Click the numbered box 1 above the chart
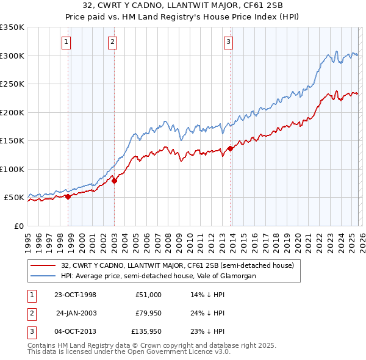(66, 42)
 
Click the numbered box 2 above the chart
(113, 42)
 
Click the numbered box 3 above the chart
(228, 42)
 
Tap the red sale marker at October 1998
(68, 196)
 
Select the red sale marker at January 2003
(114, 180)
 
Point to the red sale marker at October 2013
(230, 148)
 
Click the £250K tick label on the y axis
(12, 84)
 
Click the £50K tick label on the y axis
(14, 198)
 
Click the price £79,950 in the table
(146, 313)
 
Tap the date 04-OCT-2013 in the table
(75, 332)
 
